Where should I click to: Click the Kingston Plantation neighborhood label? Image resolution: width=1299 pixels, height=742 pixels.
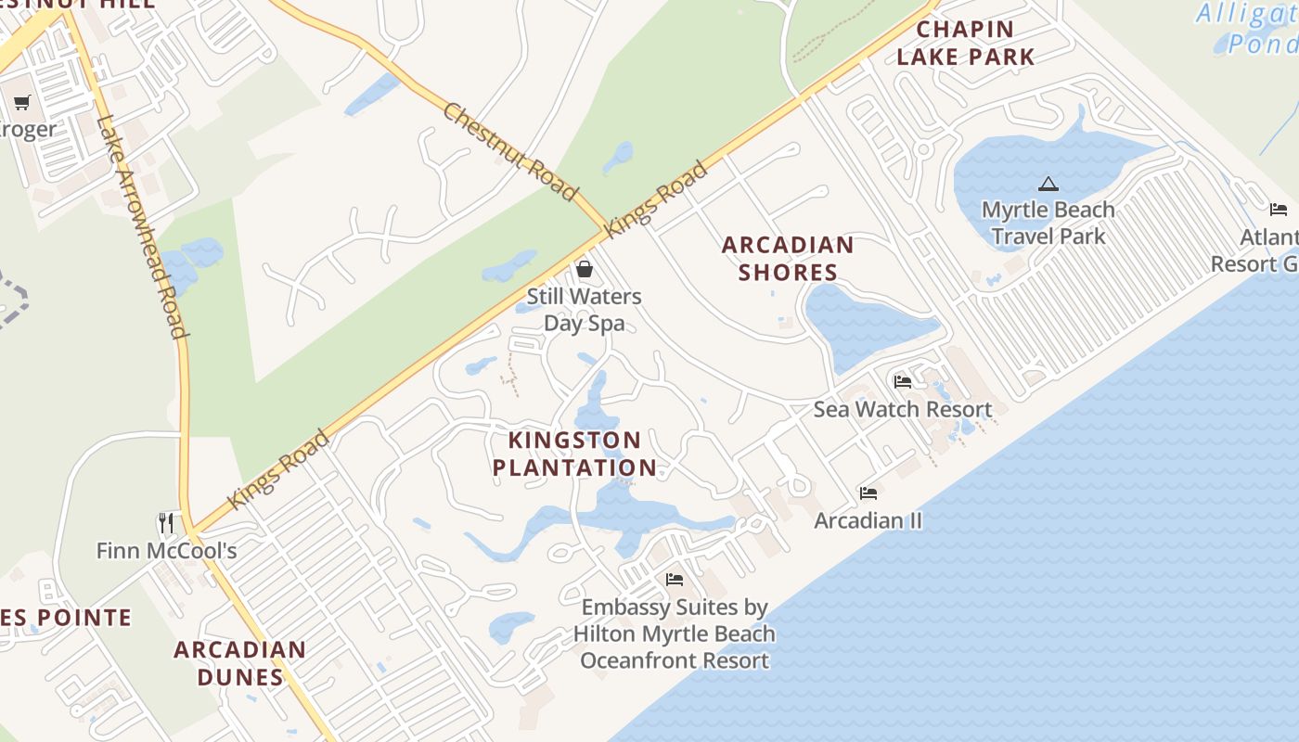(574, 454)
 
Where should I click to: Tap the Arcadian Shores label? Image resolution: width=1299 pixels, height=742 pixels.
(788, 259)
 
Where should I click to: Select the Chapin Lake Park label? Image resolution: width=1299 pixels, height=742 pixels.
(965, 44)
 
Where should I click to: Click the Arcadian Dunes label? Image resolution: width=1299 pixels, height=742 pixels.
(239, 663)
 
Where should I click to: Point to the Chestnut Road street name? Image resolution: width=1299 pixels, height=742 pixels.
(509, 152)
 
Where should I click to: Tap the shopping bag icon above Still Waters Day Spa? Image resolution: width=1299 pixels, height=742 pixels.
(585, 270)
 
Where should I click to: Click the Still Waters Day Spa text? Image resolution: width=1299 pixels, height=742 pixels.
(584, 310)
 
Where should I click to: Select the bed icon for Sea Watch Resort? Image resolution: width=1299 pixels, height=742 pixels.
(903, 381)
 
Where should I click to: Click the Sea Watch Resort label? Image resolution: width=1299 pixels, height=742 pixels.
(903, 409)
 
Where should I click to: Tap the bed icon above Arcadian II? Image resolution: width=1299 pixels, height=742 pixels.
(868, 493)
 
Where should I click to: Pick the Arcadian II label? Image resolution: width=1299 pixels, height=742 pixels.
(868, 520)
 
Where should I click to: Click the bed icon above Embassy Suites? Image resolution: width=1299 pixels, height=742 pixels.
(675, 580)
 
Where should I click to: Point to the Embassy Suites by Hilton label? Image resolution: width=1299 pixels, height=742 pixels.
(675, 634)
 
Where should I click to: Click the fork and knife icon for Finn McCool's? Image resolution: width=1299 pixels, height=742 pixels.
(166, 523)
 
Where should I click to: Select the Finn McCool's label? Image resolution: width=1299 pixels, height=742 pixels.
(167, 551)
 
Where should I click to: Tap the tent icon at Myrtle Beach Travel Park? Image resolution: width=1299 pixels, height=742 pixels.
(1048, 184)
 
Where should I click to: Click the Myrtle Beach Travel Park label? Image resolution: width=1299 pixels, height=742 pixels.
(1048, 223)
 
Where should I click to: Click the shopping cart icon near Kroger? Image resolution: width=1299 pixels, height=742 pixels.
(22, 102)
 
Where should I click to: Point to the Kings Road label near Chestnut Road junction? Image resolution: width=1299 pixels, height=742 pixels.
(656, 199)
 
